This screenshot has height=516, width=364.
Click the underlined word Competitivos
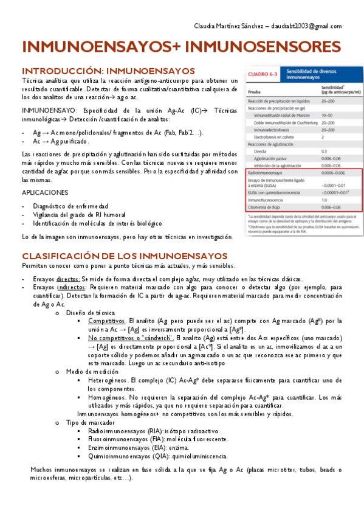[108, 320]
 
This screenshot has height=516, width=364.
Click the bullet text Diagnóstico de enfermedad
[70, 206]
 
